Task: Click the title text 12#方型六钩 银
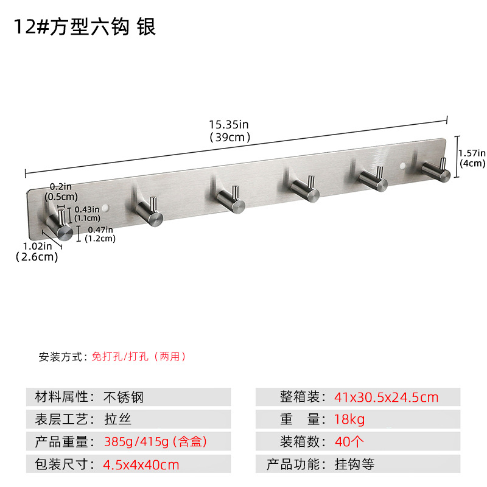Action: [85, 27]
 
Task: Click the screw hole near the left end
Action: [108, 208]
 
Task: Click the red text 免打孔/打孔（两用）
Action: [139, 357]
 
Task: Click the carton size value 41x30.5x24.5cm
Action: [386, 398]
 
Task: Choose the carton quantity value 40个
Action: [348, 442]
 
